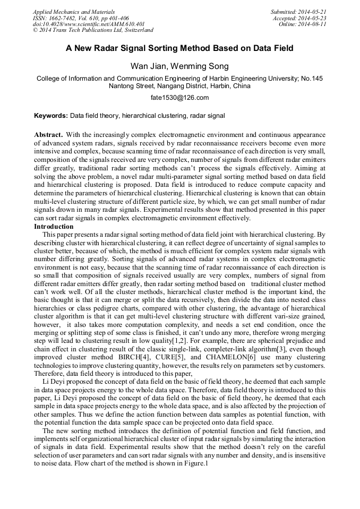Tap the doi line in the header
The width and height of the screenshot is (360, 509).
(88, 24)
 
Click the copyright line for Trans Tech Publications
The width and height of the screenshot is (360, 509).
(93, 30)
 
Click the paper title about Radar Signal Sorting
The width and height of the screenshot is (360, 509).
(179, 48)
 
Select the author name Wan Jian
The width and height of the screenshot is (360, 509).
(148, 66)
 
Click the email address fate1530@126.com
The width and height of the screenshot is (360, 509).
(179, 98)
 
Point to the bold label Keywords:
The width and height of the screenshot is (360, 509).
(51, 115)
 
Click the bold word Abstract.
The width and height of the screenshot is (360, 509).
(48, 135)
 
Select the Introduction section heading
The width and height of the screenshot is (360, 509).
(54, 227)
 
